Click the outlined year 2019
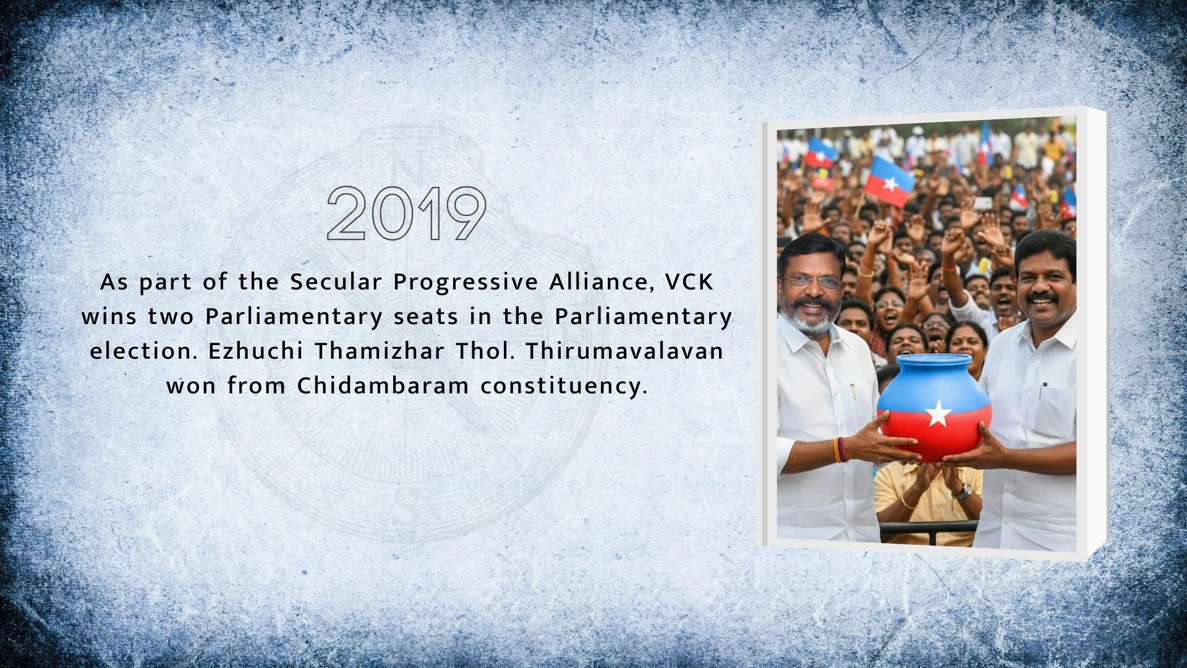(406, 213)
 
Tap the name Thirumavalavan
(624, 351)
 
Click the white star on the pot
(937, 413)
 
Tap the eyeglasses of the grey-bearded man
(811, 281)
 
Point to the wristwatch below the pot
(961, 492)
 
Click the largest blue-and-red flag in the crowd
(889, 181)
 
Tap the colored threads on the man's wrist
(840, 450)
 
